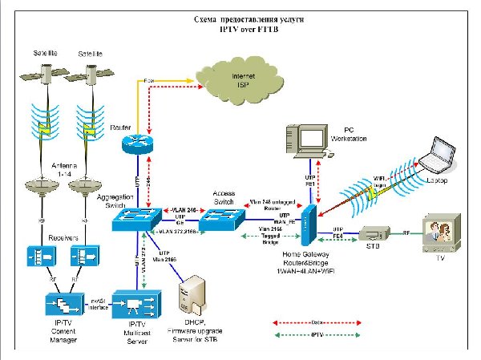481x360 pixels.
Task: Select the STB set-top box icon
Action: (x=373, y=233)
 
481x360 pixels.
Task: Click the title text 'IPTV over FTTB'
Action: (x=243, y=27)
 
